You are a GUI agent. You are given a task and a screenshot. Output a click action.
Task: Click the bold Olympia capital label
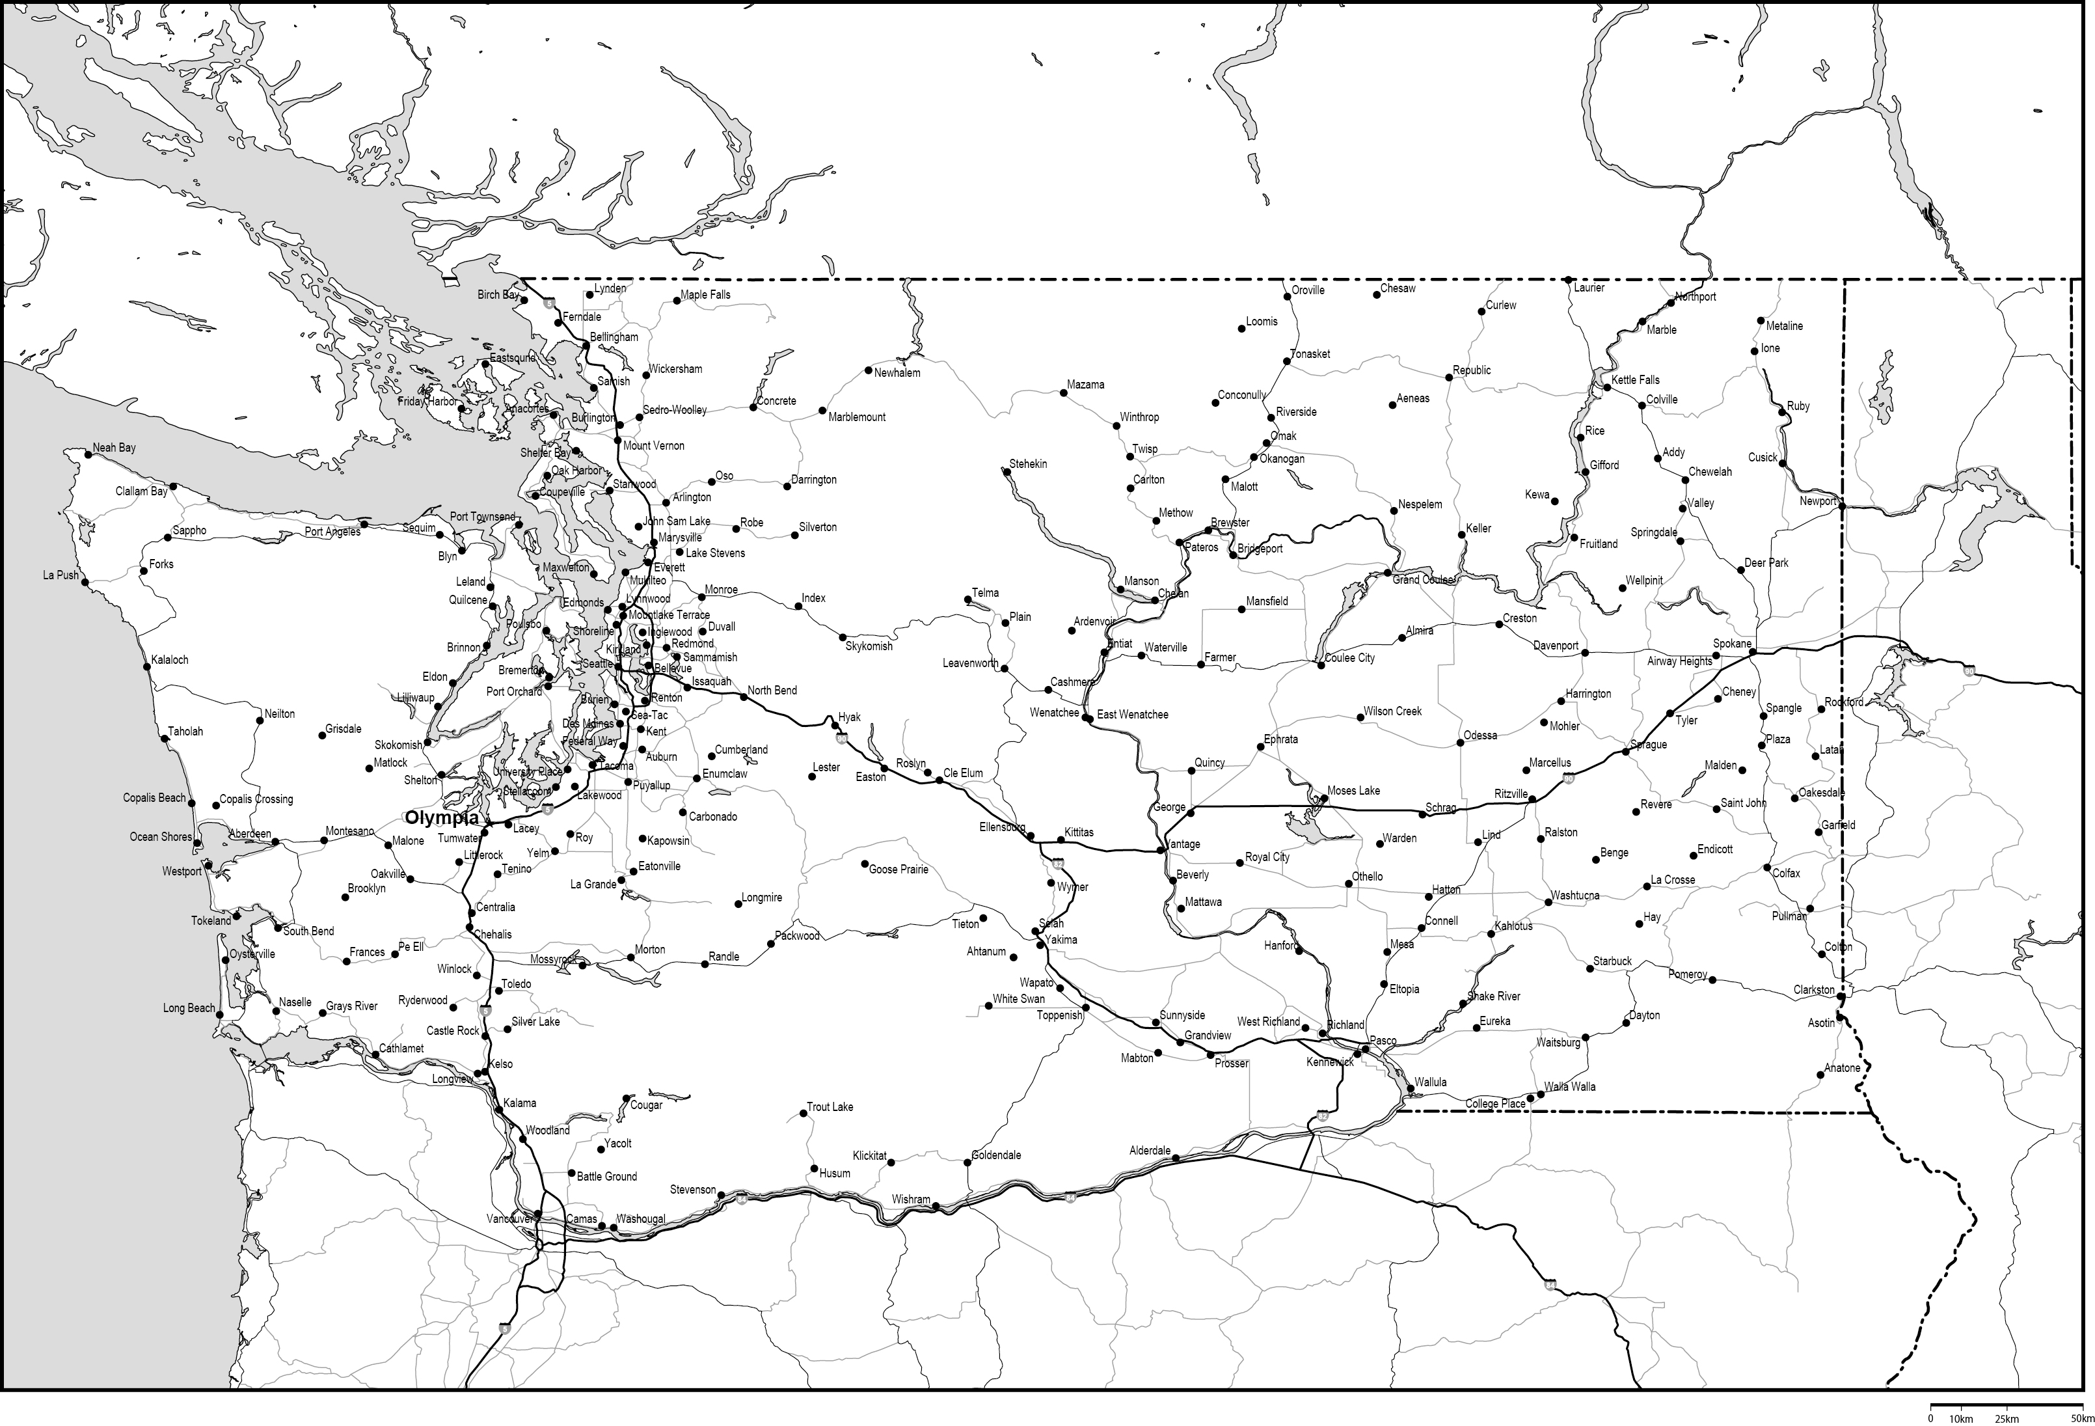(x=442, y=818)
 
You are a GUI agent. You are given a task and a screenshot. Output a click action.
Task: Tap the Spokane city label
(x=1732, y=644)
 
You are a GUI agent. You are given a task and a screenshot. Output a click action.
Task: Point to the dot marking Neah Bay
(x=88, y=454)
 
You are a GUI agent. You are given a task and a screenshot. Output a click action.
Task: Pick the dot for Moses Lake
(x=1323, y=798)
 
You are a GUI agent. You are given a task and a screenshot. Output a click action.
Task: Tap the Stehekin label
(x=1028, y=463)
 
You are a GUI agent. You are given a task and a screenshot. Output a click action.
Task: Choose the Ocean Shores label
(x=161, y=837)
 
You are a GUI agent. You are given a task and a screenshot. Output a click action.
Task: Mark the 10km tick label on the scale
(x=1962, y=1419)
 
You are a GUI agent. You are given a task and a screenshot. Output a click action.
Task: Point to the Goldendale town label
(x=996, y=1155)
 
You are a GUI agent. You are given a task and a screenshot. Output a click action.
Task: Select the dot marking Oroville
(x=1286, y=296)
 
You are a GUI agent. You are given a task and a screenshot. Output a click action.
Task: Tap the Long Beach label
(x=189, y=1008)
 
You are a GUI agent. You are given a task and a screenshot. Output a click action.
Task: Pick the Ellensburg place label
(x=1001, y=827)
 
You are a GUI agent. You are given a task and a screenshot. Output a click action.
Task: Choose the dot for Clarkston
(x=1841, y=996)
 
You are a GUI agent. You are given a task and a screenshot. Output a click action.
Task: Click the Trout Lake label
(x=830, y=1106)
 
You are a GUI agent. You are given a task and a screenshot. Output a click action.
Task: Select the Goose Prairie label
(x=898, y=870)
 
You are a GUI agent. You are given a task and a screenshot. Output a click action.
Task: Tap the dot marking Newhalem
(x=867, y=371)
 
